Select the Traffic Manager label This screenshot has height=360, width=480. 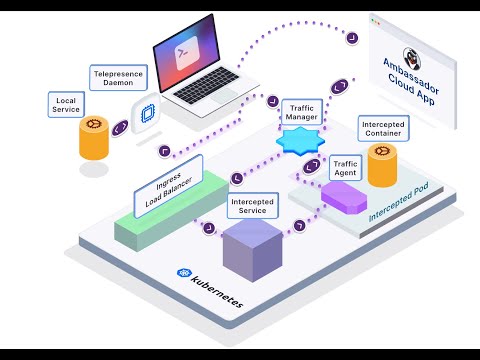point(301,111)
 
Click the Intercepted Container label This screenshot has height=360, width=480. point(383,128)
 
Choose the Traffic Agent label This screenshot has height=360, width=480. point(345,169)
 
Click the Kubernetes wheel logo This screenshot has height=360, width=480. point(184,272)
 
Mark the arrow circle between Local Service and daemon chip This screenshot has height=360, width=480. point(119,128)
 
